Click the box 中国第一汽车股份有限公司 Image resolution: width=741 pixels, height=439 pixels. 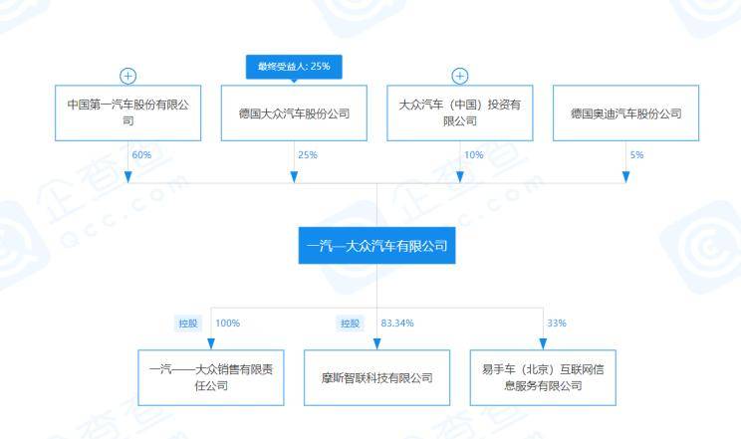click(128, 112)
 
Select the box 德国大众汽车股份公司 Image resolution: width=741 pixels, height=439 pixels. click(294, 112)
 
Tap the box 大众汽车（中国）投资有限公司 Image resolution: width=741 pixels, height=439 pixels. click(460, 112)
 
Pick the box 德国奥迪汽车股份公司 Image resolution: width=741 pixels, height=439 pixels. click(625, 112)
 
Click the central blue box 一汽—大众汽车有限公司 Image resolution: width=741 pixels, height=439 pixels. click(376, 245)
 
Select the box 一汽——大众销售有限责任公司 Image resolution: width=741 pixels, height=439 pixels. click(211, 377)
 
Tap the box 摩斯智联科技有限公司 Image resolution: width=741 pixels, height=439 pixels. click(376, 377)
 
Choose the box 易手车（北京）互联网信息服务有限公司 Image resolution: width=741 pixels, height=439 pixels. click(543, 377)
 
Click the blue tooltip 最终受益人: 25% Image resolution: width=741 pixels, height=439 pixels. click(294, 67)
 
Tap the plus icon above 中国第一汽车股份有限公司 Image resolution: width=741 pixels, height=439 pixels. click(128, 76)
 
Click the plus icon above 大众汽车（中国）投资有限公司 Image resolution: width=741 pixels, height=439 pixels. click(460, 76)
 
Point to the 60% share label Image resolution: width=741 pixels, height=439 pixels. click(141, 155)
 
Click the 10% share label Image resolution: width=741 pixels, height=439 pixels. click(473, 155)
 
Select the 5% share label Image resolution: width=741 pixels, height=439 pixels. click(636, 155)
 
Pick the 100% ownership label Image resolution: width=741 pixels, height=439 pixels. click(228, 324)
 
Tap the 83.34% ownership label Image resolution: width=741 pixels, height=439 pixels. click(397, 324)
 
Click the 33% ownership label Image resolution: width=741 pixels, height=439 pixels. click(557, 324)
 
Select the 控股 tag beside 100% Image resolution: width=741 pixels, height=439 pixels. click(188, 324)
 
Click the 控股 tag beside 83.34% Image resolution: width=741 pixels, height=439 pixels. click(351, 324)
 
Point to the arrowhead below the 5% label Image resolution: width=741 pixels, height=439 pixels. click(625, 177)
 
